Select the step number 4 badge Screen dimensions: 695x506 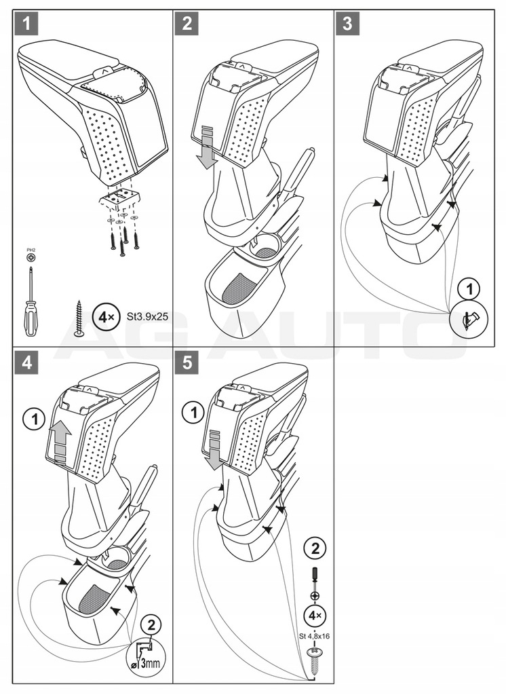(26, 362)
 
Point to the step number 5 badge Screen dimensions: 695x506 (187, 362)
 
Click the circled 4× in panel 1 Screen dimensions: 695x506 (104, 316)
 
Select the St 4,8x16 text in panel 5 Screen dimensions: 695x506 (314, 636)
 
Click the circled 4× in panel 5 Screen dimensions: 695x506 (314, 615)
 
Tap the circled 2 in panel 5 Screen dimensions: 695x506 (314, 548)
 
